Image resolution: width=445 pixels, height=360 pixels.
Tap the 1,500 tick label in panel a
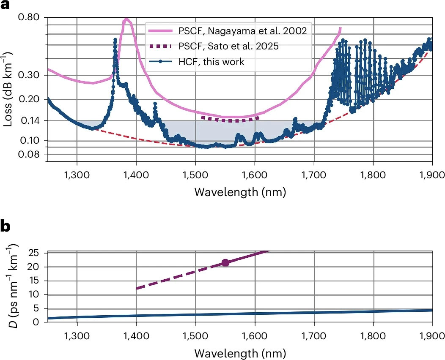pos(195,173)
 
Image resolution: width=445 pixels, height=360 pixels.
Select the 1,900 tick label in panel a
pos(431,173)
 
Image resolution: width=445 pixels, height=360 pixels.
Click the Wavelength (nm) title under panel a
pos(240,192)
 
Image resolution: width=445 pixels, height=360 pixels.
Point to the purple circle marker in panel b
pos(225,263)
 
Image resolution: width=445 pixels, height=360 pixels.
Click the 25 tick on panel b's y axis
pos(38,253)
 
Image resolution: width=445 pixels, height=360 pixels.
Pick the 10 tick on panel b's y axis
pos(38,295)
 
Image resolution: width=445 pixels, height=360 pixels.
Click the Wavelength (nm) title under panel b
pos(240,352)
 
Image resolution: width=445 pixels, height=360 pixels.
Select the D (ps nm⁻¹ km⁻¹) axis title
pos(12,285)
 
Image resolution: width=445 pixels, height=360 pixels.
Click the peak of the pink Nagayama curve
pos(126,19)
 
